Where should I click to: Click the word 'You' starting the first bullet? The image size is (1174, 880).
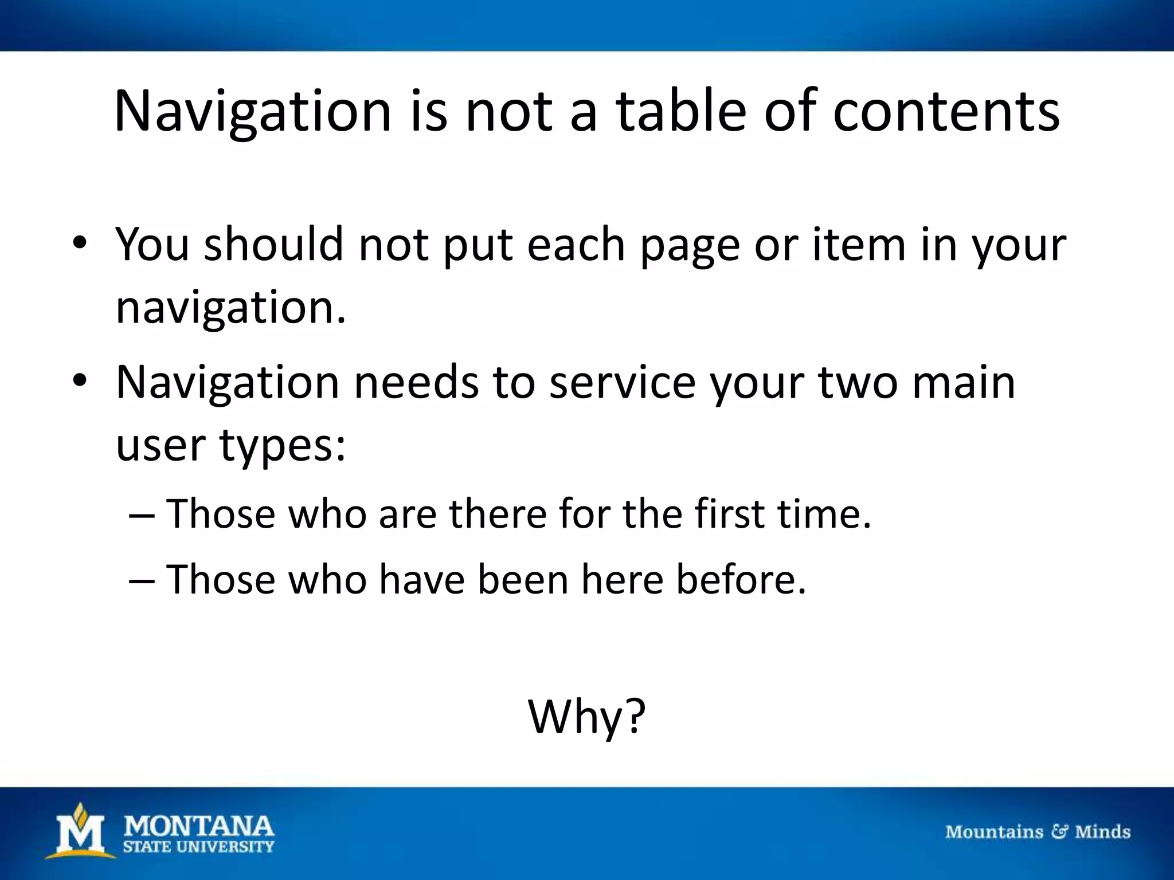point(152,245)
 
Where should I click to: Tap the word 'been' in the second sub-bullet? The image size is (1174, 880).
point(523,579)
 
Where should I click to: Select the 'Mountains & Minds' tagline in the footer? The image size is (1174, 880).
point(1038,831)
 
